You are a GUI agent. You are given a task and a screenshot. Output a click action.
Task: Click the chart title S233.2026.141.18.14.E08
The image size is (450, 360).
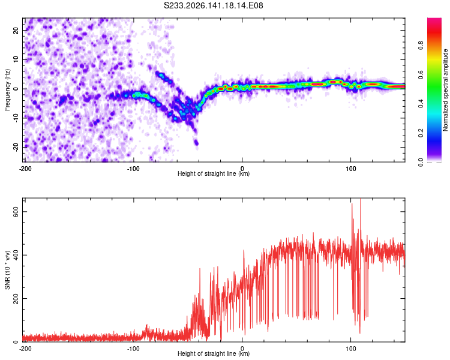tap(213, 5)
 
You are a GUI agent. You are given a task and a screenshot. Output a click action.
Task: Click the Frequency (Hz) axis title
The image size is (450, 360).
tap(7, 90)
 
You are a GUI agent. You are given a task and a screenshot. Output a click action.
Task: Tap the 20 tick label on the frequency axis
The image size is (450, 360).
tap(16, 31)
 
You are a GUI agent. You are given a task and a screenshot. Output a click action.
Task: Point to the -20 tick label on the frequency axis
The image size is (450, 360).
tap(16, 148)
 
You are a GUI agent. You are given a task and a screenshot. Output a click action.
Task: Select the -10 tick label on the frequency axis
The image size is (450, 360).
tap(16, 118)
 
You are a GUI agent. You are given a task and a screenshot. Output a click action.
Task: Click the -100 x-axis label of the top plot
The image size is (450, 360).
tap(133, 169)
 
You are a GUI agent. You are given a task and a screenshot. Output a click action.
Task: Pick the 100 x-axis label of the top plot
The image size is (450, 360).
tap(350, 169)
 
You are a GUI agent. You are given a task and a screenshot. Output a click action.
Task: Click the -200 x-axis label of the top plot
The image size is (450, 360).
tap(25, 169)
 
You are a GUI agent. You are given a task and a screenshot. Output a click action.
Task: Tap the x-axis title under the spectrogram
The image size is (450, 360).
tap(214, 173)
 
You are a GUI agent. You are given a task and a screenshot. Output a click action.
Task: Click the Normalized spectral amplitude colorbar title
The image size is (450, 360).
tap(445, 90)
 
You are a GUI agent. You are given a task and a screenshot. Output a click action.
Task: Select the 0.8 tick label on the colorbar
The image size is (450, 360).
tap(421, 46)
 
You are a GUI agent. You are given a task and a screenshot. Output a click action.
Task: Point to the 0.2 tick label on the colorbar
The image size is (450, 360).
tap(421, 133)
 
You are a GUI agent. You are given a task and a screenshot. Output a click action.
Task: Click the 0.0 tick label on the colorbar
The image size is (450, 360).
tap(421, 162)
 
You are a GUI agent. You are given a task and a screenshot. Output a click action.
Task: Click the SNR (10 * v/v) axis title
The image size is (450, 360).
tap(7, 270)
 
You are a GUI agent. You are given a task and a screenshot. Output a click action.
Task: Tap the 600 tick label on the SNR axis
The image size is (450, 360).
tap(16, 212)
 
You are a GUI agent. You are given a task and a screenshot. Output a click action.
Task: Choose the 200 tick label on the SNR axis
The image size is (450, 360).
tap(16, 299)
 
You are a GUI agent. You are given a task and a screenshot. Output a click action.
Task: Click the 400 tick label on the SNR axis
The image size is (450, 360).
tap(16, 255)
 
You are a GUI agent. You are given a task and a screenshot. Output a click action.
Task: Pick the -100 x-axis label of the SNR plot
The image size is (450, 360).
tap(133, 349)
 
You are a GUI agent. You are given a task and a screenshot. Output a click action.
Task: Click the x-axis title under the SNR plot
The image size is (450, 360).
tap(214, 353)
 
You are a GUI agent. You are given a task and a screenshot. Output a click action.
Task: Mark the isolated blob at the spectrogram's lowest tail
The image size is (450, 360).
tap(196, 142)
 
